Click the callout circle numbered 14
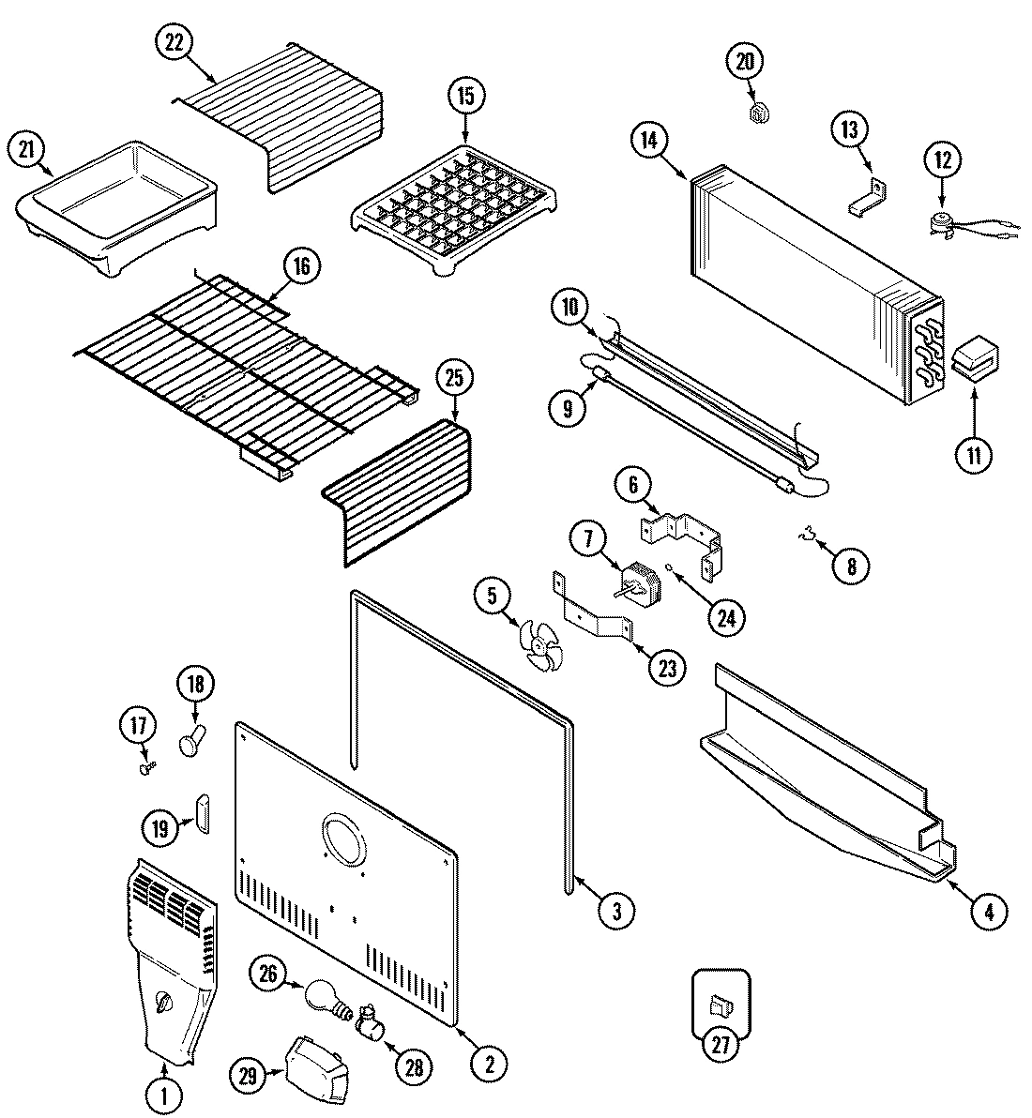[649, 141]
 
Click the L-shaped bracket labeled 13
[870, 197]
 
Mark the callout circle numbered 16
[299, 266]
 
